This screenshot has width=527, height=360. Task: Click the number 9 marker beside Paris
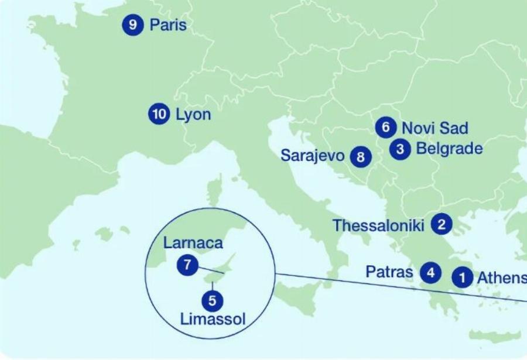tap(133, 25)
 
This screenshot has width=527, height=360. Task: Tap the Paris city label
tap(168, 25)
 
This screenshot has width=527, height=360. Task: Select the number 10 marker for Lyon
tap(159, 114)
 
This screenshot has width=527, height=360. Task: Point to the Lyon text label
tap(193, 114)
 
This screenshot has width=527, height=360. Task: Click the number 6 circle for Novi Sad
tap(385, 127)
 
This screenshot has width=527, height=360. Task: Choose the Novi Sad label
tap(435, 128)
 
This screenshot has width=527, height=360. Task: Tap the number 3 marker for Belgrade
tap(400, 149)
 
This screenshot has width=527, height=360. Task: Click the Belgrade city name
tap(449, 149)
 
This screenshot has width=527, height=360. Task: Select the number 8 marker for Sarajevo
tap(361, 157)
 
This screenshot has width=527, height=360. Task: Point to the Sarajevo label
tap(313, 156)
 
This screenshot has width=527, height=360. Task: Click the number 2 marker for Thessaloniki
tap(442, 224)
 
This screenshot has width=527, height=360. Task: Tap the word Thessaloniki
tap(378, 225)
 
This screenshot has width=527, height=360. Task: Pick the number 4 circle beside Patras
tap(431, 272)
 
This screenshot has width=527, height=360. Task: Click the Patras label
tap(389, 272)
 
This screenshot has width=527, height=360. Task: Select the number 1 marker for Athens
tap(463, 277)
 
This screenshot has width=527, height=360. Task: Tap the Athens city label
tap(501, 277)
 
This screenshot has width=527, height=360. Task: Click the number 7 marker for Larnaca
tap(187, 265)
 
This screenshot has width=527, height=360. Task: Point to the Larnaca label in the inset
tap(193, 243)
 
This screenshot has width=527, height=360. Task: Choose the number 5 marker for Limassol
tap(212, 301)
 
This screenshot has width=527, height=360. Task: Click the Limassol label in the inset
tap(213, 320)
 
